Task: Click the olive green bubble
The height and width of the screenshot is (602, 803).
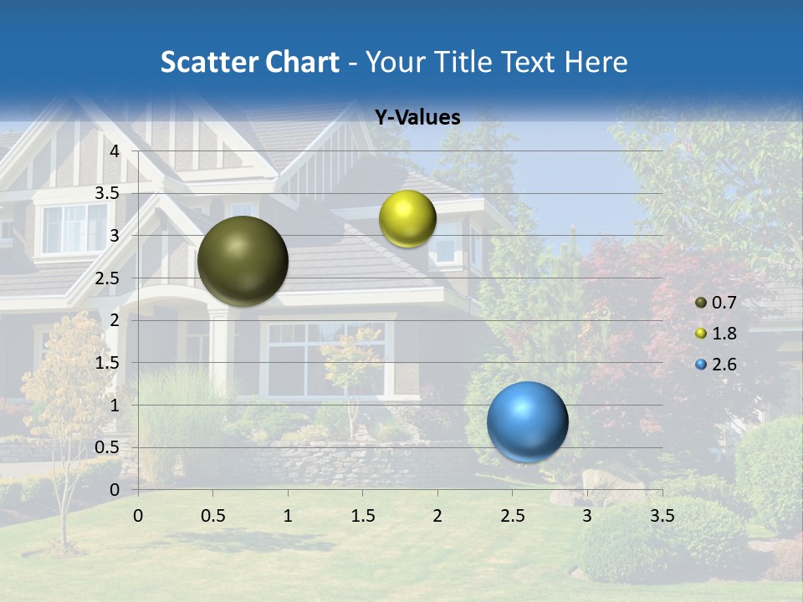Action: click(x=243, y=261)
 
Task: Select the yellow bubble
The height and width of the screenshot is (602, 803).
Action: click(x=407, y=219)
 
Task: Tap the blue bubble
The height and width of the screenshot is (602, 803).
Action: click(x=527, y=421)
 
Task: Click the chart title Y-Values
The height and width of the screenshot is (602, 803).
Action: click(x=417, y=118)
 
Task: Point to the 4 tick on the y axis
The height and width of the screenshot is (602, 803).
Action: click(x=115, y=151)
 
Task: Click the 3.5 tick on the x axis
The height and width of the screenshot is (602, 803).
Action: click(x=662, y=515)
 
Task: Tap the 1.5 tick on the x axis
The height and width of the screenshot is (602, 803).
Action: click(x=363, y=515)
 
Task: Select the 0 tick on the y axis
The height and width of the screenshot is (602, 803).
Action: click(x=115, y=490)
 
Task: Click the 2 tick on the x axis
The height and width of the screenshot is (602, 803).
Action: click(x=437, y=515)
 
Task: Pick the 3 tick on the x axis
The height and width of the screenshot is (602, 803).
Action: click(x=587, y=515)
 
